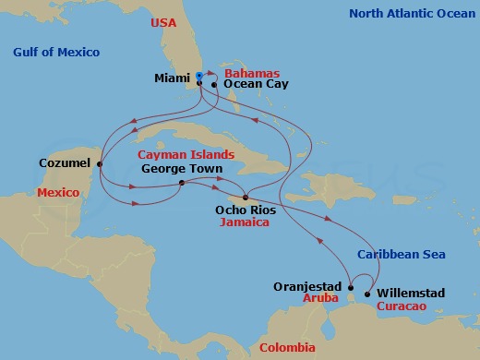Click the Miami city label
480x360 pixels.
(173, 78)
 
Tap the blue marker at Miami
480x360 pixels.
(199, 77)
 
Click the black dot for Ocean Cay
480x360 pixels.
(214, 85)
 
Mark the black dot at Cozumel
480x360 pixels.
(100, 165)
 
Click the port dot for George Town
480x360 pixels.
(181, 183)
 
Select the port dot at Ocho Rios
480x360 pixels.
(245, 197)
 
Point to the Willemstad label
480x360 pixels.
(411, 294)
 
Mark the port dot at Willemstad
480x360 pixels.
(367, 294)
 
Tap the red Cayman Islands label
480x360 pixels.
(186, 155)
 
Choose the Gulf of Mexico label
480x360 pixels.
(56, 52)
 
